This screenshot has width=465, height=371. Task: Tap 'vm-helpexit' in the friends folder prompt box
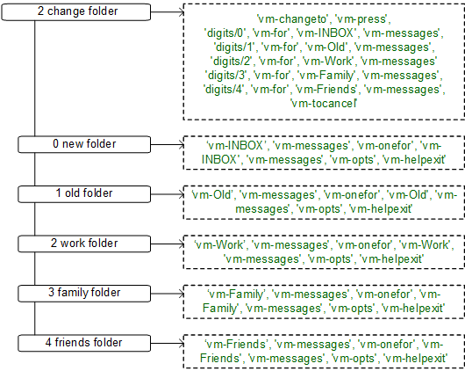[x=413, y=360]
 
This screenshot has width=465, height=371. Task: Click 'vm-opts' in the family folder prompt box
[x=352, y=309]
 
